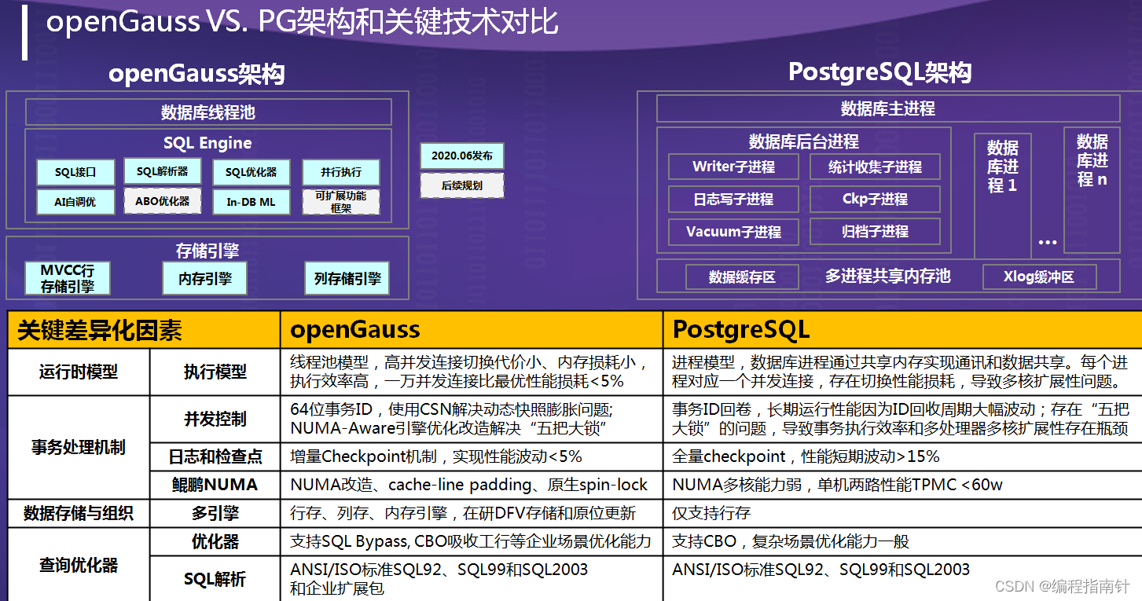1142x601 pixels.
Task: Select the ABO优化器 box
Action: pyautogui.click(x=163, y=201)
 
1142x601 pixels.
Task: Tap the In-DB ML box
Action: pyautogui.click(x=251, y=202)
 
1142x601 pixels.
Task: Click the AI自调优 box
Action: pyautogui.click(x=75, y=202)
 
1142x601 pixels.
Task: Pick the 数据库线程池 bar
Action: pyautogui.click(x=208, y=112)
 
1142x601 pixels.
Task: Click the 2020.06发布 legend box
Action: pyautogui.click(x=461, y=156)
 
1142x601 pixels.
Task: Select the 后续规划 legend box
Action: pyautogui.click(x=461, y=186)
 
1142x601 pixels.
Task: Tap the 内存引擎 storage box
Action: pyautogui.click(x=205, y=278)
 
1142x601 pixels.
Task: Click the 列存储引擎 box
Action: pyautogui.click(x=347, y=278)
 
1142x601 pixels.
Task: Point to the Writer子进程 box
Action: pyautogui.click(x=733, y=167)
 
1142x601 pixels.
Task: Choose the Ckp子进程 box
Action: pyautogui.click(x=875, y=199)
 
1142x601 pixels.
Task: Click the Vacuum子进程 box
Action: pyautogui.click(x=733, y=232)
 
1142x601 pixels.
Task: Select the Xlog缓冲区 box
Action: pyautogui.click(x=1038, y=277)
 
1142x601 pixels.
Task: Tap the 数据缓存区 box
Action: pyautogui.click(x=742, y=277)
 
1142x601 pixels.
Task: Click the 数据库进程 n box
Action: pyautogui.click(x=1092, y=161)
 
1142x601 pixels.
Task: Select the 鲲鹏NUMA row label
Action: pyautogui.click(x=215, y=485)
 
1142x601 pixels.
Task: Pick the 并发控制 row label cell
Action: pyautogui.click(x=215, y=419)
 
